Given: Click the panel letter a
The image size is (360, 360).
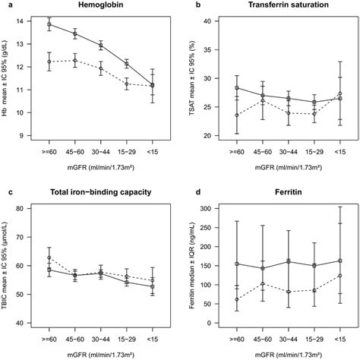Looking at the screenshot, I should pyautogui.click(x=7, y=6).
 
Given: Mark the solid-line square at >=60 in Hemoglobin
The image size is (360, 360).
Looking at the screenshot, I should pyautogui.click(x=49, y=24).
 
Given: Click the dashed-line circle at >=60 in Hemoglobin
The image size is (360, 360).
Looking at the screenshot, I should pyautogui.click(x=49, y=62).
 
